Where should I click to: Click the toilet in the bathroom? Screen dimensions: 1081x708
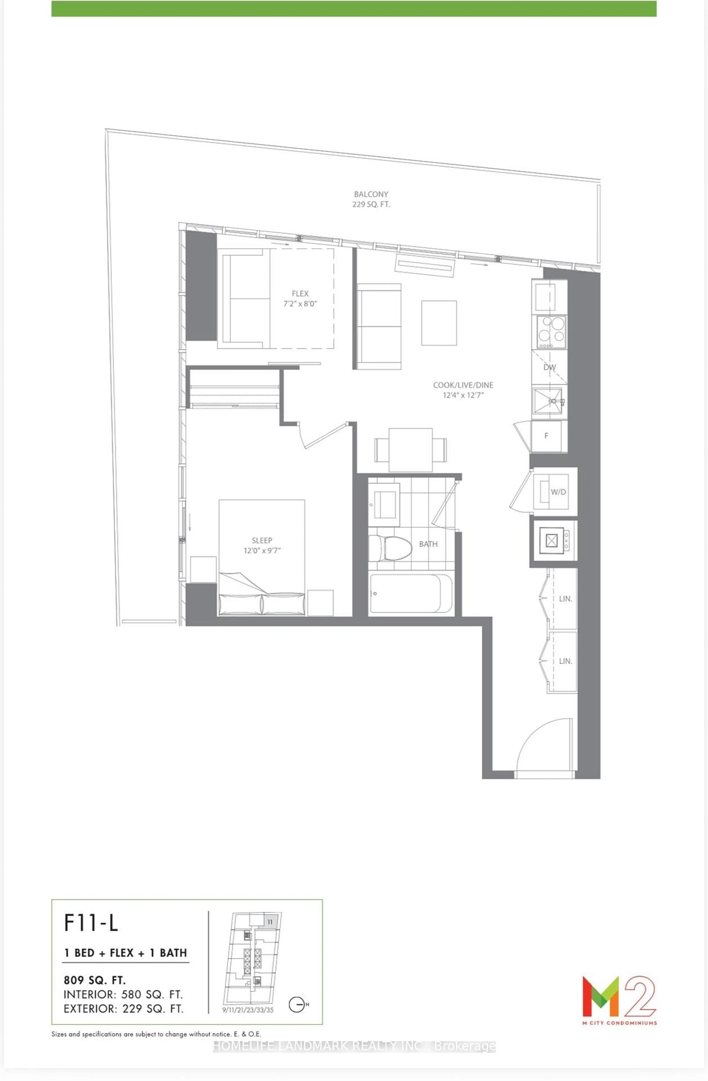[x=390, y=548]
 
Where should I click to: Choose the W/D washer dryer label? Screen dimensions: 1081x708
[x=558, y=492]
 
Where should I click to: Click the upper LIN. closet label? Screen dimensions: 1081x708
[x=565, y=599]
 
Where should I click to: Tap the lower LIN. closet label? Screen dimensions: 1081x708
[x=565, y=661]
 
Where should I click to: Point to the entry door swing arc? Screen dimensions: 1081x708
[x=543, y=745]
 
